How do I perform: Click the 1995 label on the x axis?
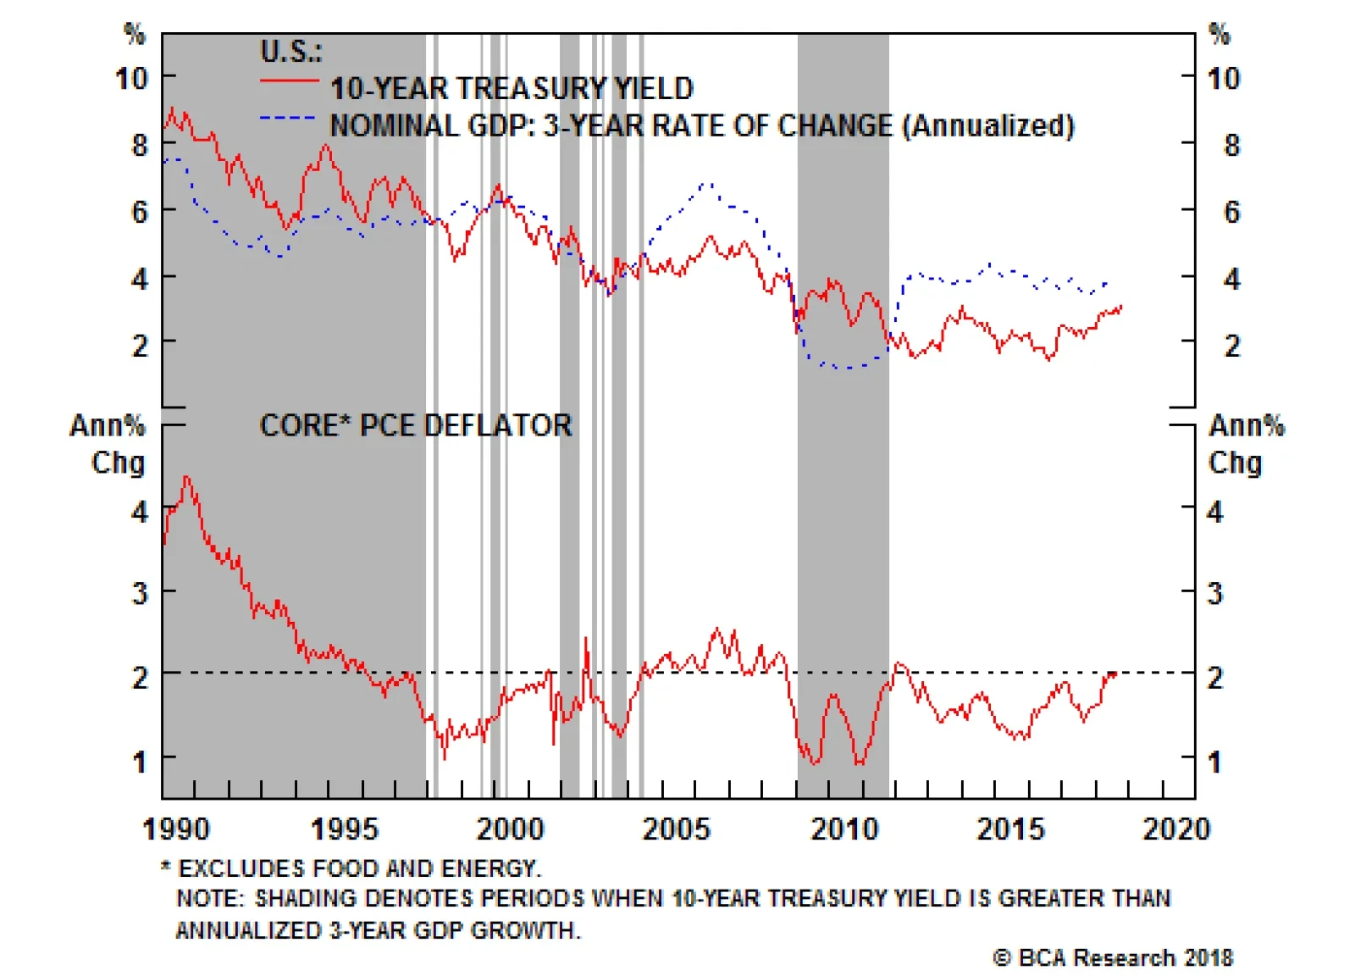tap(344, 828)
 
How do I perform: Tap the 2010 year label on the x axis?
tap(844, 828)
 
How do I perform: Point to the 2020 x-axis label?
tap(1176, 828)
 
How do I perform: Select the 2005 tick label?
tap(676, 828)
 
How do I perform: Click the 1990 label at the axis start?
tap(175, 828)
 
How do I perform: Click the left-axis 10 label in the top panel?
tap(132, 79)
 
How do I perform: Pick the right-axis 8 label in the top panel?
tap(1232, 145)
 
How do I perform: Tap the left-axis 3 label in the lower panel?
tap(140, 593)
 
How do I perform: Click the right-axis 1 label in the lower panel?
tap(1214, 762)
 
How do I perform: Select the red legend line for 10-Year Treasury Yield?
tap(289, 81)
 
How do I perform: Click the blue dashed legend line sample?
tap(288, 118)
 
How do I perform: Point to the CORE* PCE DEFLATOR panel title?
tap(416, 425)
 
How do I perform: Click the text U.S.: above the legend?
tap(290, 52)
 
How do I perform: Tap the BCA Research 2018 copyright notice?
tap(1113, 957)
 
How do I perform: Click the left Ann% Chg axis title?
tap(108, 443)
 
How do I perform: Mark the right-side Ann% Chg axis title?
tap(1245, 443)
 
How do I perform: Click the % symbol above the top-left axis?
tap(134, 34)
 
